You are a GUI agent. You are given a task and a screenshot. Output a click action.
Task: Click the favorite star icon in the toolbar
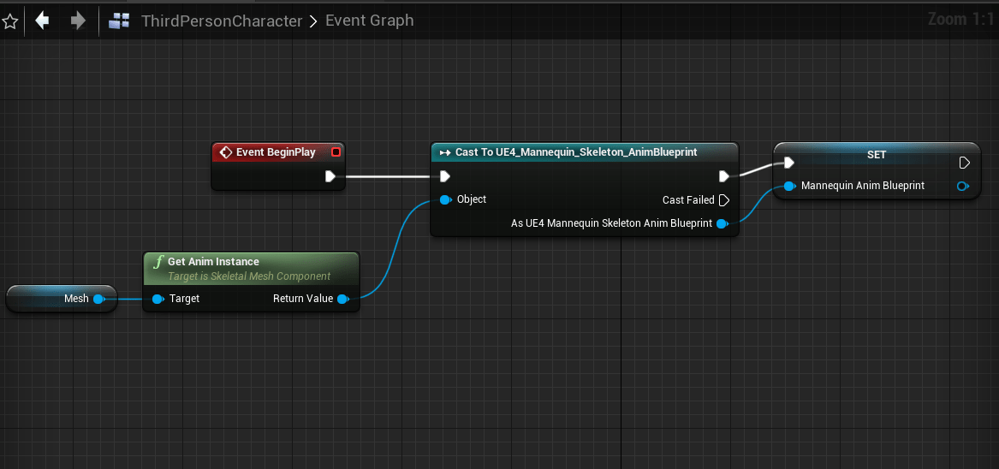pos(10,21)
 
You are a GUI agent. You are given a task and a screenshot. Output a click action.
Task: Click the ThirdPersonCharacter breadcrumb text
pos(221,21)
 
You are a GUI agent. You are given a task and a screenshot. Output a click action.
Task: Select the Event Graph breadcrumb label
pos(369,21)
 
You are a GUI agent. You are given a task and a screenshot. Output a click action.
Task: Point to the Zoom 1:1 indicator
pos(960,19)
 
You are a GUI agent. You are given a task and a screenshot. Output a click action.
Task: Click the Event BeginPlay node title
pos(276,152)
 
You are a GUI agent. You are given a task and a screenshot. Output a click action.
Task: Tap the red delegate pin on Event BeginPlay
pos(336,152)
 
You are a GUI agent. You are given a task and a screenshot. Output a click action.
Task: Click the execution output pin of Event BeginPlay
pos(330,177)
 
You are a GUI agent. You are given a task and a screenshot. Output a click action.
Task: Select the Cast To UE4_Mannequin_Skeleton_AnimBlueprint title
pos(576,152)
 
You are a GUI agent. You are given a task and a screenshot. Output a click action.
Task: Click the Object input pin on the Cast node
pos(445,199)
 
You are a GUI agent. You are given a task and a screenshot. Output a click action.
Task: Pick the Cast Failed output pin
pos(723,200)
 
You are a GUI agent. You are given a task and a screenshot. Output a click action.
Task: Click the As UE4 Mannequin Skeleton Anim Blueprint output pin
pos(722,224)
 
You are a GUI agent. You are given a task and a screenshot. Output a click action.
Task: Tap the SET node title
pos(876,155)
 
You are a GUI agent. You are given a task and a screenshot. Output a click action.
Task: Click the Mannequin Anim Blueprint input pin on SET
pos(788,186)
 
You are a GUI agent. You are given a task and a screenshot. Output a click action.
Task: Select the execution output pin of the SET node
pos(965,163)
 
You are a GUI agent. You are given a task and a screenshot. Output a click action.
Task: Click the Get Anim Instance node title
pos(213,262)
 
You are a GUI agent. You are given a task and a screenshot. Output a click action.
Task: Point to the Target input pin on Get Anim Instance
pos(158,299)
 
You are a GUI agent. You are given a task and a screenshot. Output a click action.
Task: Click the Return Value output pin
pos(342,299)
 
